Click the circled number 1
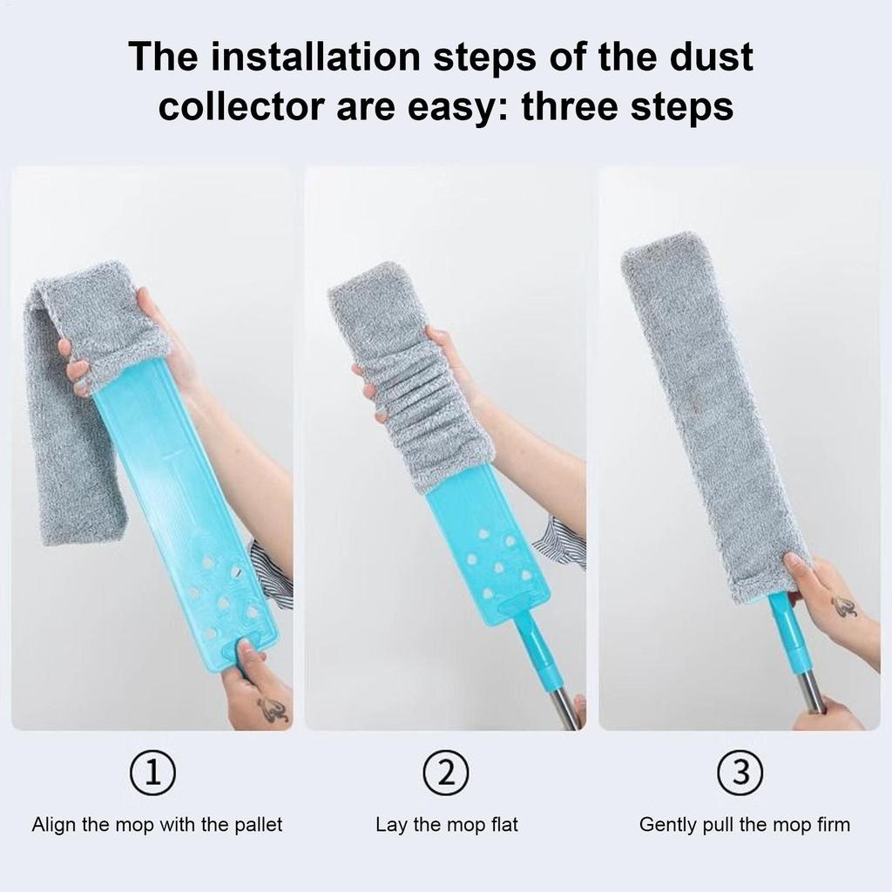[152, 772]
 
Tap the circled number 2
[446, 772]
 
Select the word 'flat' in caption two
[502, 824]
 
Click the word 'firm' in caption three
[832, 824]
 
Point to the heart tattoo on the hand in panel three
[843, 606]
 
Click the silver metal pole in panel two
[564, 706]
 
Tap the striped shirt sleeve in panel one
[271, 576]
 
